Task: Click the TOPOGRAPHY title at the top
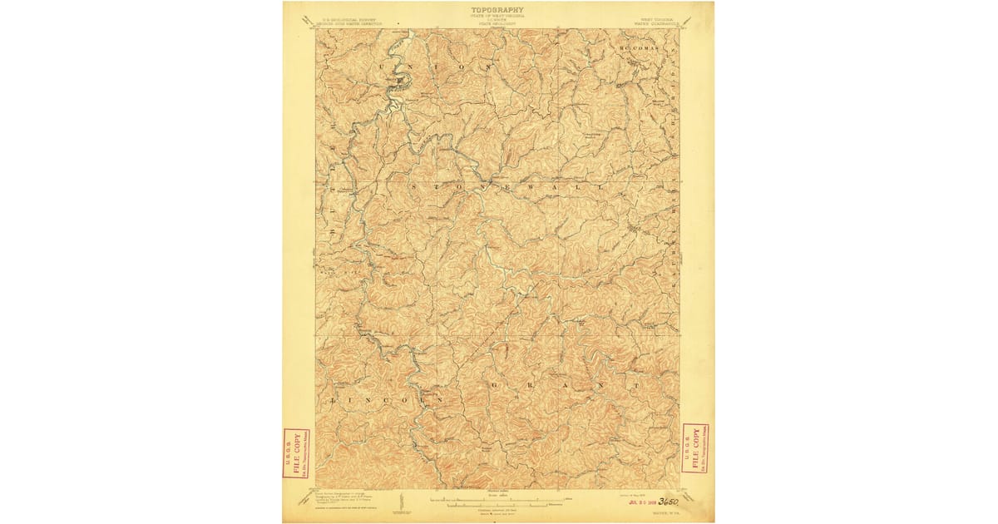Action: coord(497,10)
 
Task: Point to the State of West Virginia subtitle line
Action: coord(497,16)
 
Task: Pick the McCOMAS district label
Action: coord(639,49)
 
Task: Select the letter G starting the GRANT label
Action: coord(495,387)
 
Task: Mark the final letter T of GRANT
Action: coord(637,386)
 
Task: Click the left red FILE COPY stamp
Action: coord(296,453)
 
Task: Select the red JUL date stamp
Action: coord(642,502)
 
